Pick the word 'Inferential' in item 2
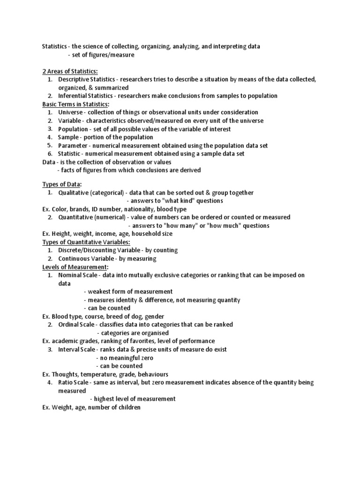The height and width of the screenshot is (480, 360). click(73, 96)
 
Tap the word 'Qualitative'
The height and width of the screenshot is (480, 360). click(73, 193)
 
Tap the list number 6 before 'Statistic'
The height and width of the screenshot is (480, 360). click(50, 154)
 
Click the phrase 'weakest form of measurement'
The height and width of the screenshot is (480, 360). click(130, 292)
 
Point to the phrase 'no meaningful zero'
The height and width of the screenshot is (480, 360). click(126, 358)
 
